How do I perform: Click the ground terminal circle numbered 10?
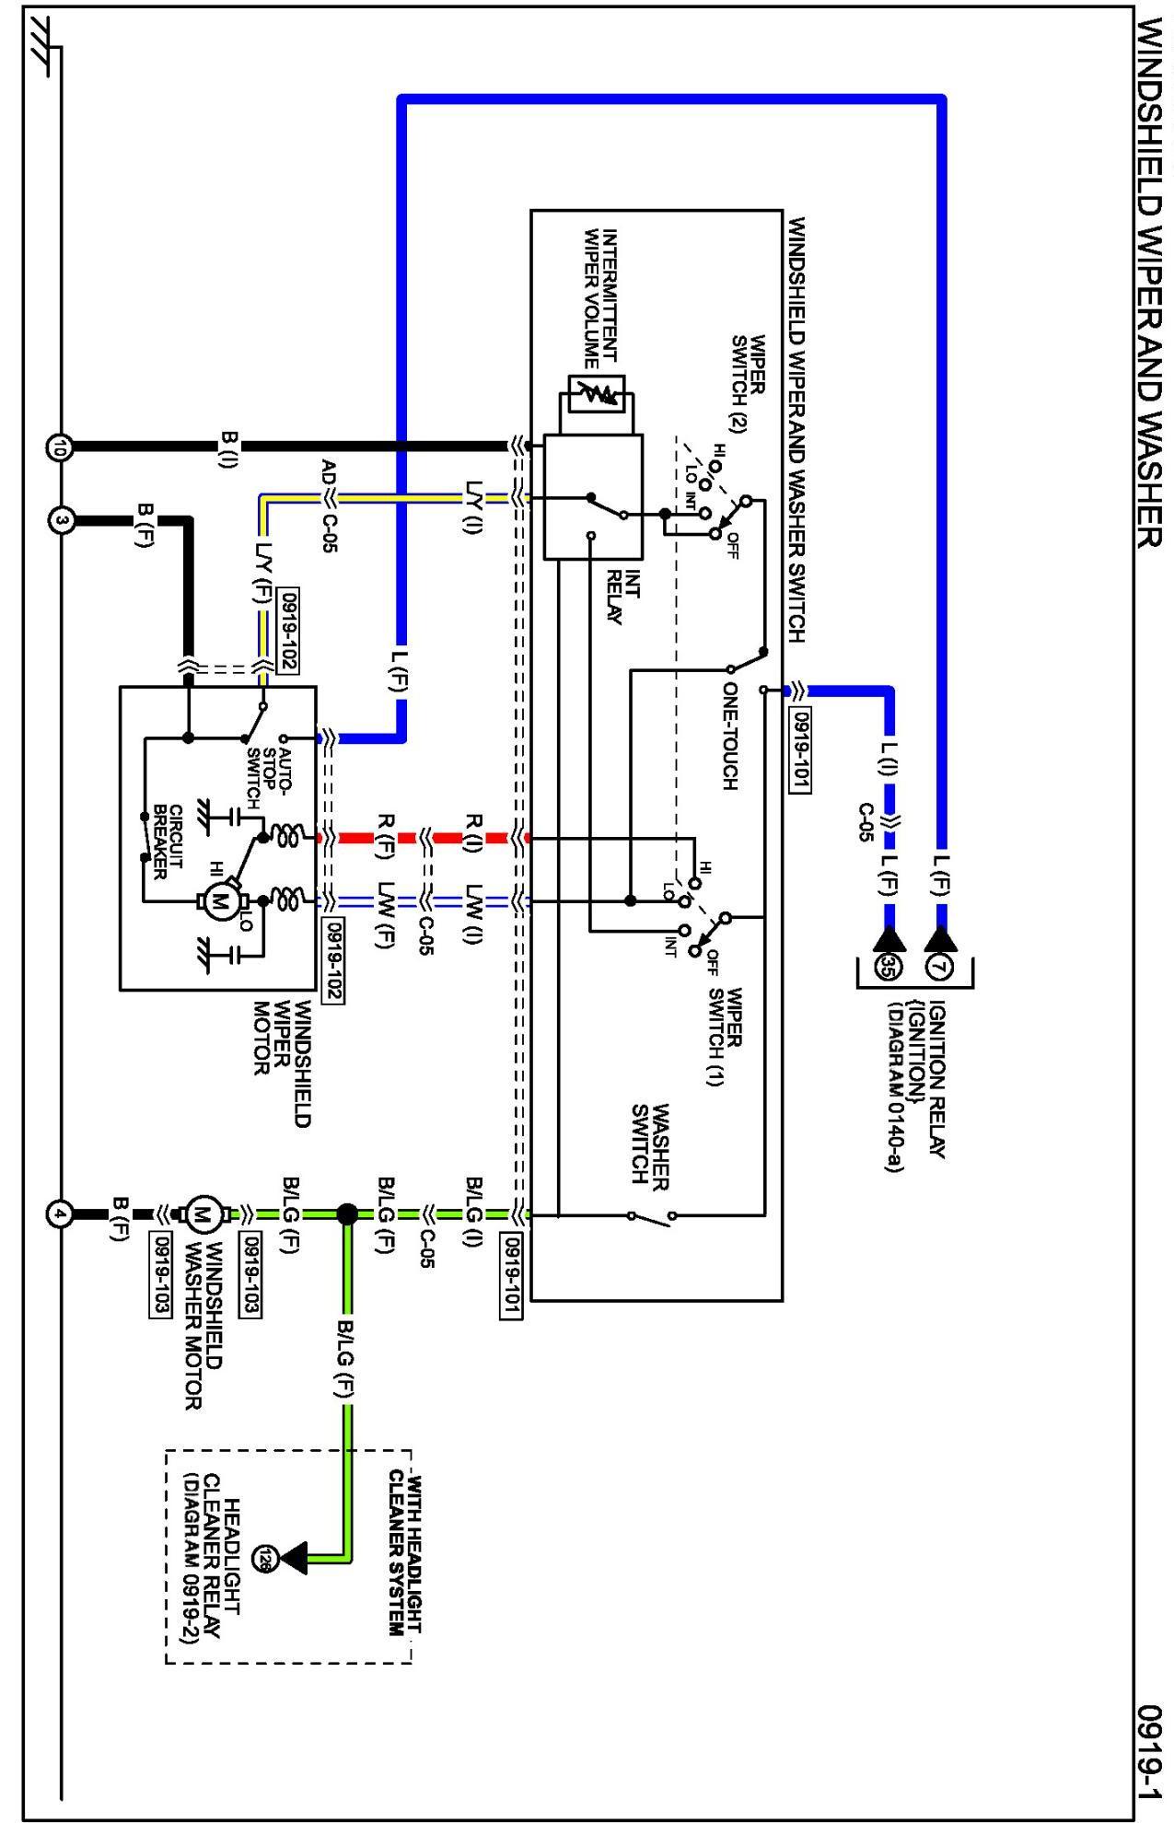coord(59,447)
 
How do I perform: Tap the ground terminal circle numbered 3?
coord(59,521)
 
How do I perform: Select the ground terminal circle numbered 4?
coord(59,1215)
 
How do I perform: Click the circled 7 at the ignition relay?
coord(938,967)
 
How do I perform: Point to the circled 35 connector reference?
coord(888,966)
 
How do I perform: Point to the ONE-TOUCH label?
coord(730,736)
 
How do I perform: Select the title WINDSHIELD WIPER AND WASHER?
coord(1152,284)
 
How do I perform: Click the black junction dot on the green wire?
coord(347,1214)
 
